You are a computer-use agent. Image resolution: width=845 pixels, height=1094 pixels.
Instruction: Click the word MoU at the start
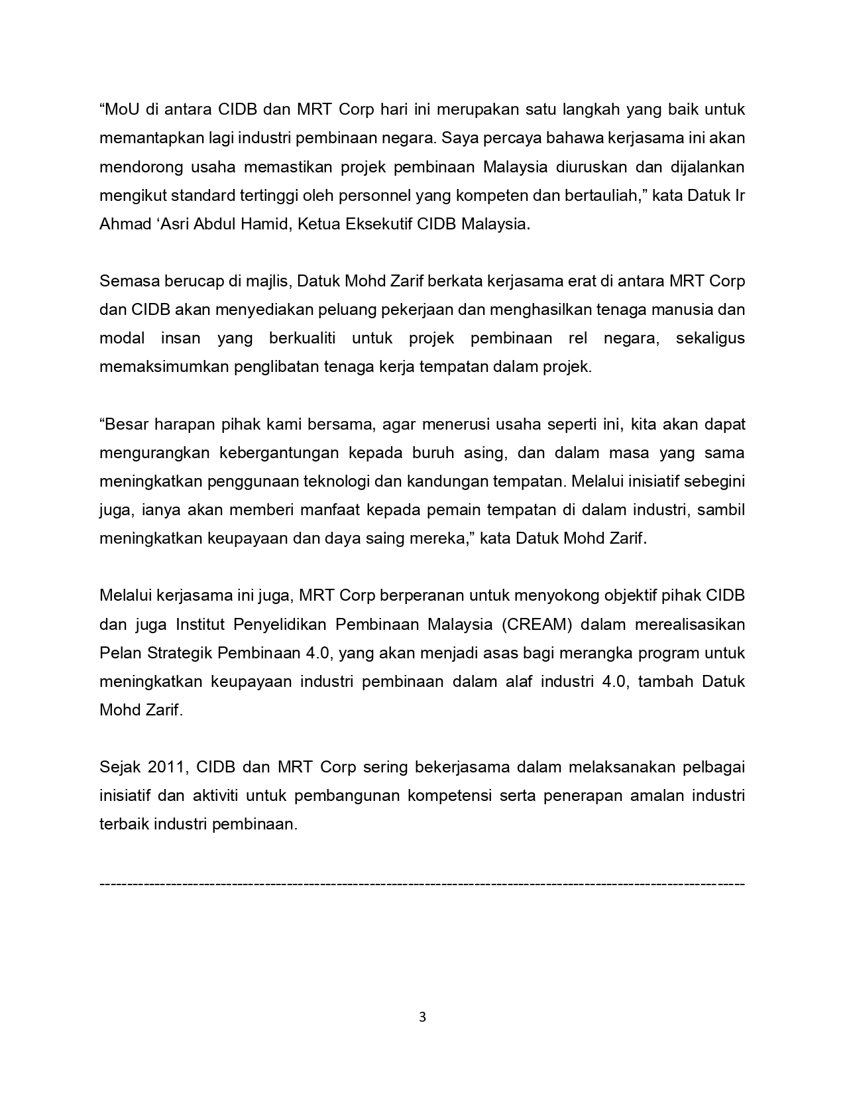click(x=120, y=109)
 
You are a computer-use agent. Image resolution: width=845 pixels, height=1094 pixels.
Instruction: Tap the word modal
click(x=122, y=338)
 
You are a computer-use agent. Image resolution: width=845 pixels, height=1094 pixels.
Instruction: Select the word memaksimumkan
click(x=164, y=367)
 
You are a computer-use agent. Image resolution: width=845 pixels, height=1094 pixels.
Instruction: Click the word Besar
click(x=125, y=424)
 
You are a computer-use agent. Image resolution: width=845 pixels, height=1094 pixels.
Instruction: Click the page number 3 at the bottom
click(x=422, y=1018)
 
